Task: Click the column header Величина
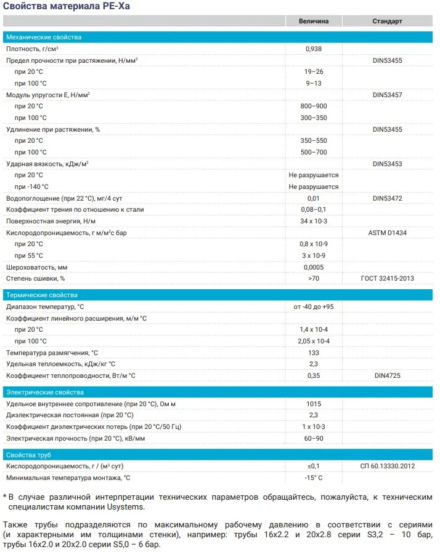[x=314, y=21]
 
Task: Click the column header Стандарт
[x=387, y=21]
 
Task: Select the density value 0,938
[x=314, y=49]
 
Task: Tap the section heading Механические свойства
[x=44, y=38]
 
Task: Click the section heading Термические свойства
[x=42, y=295]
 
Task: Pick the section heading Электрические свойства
[x=44, y=392]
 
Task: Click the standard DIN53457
[x=387, y=95]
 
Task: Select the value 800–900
[x=314, y=106]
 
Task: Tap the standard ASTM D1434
[x=387, y=233]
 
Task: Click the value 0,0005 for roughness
[x=314, y=267]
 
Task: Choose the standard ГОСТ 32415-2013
[x=387, y=278]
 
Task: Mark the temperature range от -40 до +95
[x=314, y=306]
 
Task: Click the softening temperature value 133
[x=314, y=353]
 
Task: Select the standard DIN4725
[x=387, y=375]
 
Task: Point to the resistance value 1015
[x=314, y=404]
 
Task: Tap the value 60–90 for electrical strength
[x=314, y=438]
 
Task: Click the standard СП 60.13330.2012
[x=387, y=466]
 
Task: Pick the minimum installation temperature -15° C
[x=314, y=478]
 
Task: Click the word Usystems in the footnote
[x=126, y=507]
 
